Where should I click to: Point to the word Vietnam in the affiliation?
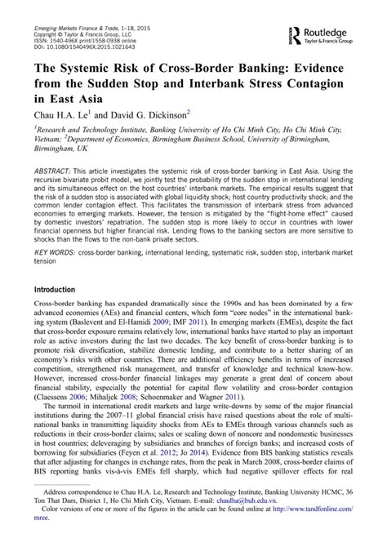(x=50, y=138)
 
